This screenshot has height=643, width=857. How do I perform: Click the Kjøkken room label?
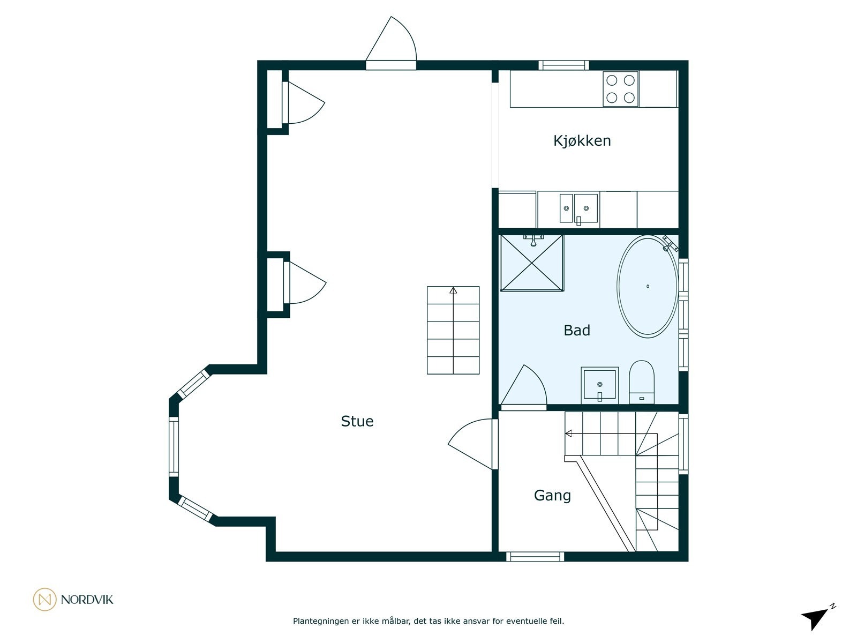(x=582, y=141)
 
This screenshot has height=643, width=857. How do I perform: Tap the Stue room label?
(x=357, y=421)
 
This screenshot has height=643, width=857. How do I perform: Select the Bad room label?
(x=577, y=331)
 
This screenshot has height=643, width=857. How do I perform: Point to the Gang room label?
(x=552, y=496)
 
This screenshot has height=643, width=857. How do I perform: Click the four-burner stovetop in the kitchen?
(x=620, y=88)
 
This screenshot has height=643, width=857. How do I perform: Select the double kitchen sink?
(x=578, y=209)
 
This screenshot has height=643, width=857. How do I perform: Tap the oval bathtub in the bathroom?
(x=648, y=287)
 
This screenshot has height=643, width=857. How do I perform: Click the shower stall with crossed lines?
(x=532, y=263)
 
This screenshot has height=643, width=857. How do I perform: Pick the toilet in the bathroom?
(x=642, y=382)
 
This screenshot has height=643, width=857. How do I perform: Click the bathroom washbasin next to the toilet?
(x=599, y=385)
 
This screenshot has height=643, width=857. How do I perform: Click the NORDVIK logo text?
(x=87, y=600)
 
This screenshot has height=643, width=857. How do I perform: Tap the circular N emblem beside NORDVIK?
(x=44, y=599)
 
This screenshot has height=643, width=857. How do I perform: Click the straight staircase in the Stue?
(x=453, y=330)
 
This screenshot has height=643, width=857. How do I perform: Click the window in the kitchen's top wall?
(x=563, y=65)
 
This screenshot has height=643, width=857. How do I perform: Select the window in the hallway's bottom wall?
(x=535, y=557)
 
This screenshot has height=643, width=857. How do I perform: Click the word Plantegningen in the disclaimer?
(x=320, y=621)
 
